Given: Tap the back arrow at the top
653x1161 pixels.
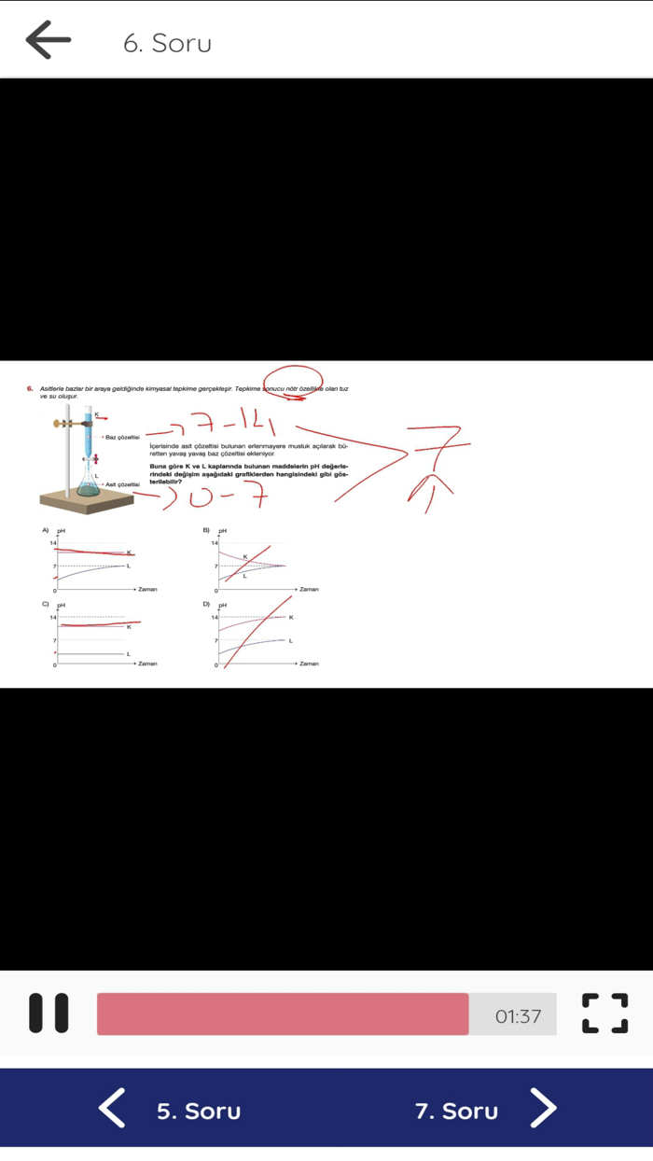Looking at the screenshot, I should coord(49,40).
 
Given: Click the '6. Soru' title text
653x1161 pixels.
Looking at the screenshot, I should coord(168,43).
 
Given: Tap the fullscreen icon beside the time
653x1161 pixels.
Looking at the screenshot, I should coord(604,1014).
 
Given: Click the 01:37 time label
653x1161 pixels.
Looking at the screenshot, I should coord(518,1016).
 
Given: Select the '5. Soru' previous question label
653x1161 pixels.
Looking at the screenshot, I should coord(199,1111).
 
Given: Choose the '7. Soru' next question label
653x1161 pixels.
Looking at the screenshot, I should coord(456,1111).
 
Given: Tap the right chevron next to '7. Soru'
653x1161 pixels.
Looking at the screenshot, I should coord(543,1109).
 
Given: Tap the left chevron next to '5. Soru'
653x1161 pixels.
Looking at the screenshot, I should coord(113,1109).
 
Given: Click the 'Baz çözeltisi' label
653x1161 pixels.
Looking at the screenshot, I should coord(122,437).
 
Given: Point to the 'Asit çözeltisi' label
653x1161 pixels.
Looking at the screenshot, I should coord(122,484).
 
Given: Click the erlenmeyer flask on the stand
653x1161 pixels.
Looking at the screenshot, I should coord(89,484).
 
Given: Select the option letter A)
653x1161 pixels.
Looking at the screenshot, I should coord(45,530).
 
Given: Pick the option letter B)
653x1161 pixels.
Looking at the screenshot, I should coord(206,530).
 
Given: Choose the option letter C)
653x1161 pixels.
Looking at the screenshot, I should coord(45,605).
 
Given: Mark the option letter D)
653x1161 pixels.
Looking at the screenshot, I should coord(206,605).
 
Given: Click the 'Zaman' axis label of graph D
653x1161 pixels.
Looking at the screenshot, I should coord(309,664).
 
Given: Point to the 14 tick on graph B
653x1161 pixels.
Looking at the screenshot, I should coord(214,543).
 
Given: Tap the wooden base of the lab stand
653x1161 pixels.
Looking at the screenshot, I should coord(86,503).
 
